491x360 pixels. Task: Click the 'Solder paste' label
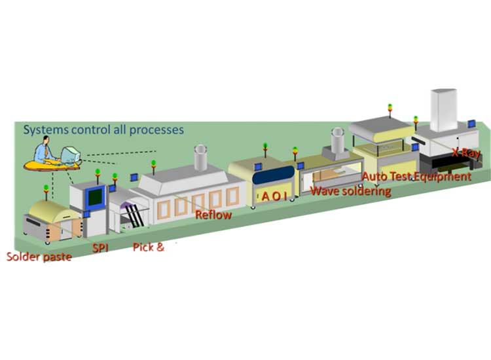pos(39,255)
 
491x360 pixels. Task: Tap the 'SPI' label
pos(100,248)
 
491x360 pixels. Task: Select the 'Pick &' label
pos(148,247)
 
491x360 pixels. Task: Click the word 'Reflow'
pos(213,213)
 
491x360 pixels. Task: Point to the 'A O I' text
pos(274,196)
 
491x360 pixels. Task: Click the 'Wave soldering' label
pos(350,191)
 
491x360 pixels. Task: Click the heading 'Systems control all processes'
pos(103,129)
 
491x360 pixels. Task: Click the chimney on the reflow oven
pos(200,157)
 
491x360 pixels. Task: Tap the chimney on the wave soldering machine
pos(338,139)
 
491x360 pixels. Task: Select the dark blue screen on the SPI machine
pos(97,195)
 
